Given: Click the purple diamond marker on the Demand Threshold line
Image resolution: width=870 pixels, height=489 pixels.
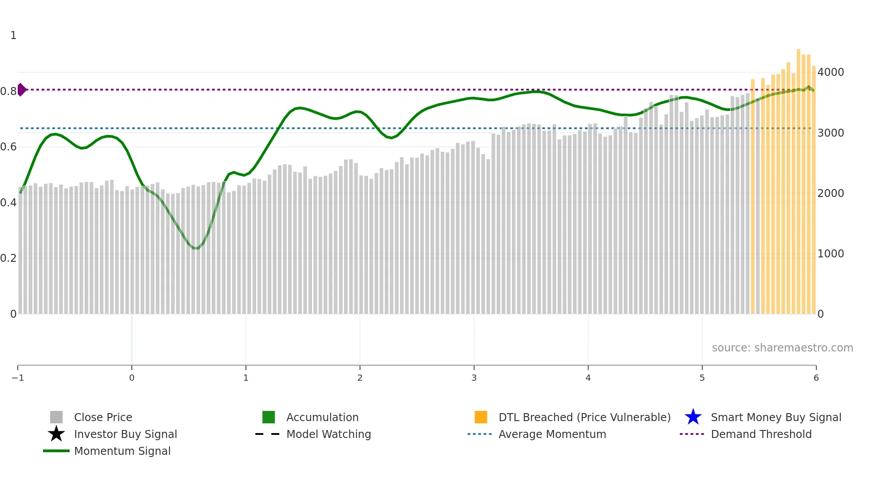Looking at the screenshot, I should pyautogui.click(x=21, y=90).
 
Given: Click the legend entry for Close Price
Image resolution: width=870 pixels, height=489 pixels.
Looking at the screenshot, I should pyautogui.click(x=103, y=417).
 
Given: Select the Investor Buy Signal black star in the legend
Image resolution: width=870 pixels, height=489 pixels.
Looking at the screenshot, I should pyautogui.click(x=56, y=434).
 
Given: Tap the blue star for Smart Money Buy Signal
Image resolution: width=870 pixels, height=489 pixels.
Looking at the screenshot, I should pyautogui.click(x=693, y=417).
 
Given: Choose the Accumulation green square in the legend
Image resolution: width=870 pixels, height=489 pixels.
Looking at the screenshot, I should pyautogui.click(x=269, y=417).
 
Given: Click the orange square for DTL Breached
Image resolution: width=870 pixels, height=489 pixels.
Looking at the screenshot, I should pyautogui.click(x=481, y=417).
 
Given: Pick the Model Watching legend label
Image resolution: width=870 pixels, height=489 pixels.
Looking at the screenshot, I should pyautogui.click(x=328, y=434).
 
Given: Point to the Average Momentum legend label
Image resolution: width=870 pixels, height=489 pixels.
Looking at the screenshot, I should pyautogui.click(x=552, y=434).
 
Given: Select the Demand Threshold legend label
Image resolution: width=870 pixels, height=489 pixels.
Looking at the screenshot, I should pyautogui.click(x=761, y=434).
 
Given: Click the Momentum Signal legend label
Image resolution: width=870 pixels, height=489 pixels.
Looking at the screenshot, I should pyautogui.click(x=122, y=451).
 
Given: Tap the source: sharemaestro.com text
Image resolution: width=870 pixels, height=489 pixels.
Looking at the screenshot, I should pyautogui.click(x=782, y=347).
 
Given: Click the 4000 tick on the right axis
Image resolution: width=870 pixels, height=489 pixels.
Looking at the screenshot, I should pyautogui.click(x=830, y=72).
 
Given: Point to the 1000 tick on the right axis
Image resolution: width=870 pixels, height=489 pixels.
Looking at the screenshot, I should pyautogui.click(x=830, y=253).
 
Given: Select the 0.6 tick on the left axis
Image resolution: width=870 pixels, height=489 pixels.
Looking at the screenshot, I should pyautogui.click(x=8, y=146).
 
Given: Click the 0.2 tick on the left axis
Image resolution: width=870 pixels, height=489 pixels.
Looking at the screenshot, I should pyautogui.click(x=8, y=258).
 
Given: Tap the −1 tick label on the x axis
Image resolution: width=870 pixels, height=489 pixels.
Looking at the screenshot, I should pyautogui.click(x=18, y=378).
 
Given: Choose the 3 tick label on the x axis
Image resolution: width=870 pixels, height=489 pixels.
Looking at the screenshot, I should pyautogui.click(x=474, y=378).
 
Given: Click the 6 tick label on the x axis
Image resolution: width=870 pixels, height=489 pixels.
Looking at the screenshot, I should pyautogui.click(x=816, y=378).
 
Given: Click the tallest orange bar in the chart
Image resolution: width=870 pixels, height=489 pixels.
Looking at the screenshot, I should pyautogui.click(x=799, y=177).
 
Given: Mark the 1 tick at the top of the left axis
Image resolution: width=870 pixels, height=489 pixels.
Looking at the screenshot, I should pyautogui.click(x=13, y=35).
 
